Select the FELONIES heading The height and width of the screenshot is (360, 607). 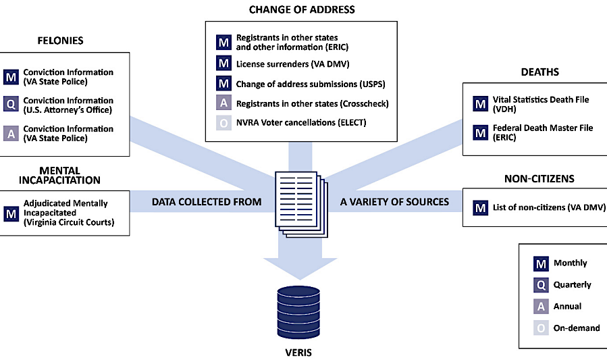[60, 41]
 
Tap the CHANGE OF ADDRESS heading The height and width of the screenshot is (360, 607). [302, 9]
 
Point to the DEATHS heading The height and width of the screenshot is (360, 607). [539, 72]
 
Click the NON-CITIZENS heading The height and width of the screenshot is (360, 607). [538, 179]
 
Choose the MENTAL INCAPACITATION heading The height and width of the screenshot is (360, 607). [59, 176]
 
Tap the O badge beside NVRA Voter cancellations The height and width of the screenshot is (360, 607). [223, 122]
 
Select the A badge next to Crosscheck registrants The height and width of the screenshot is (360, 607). [223, 103]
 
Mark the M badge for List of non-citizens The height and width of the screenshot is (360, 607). [480, 208]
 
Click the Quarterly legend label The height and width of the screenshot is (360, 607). [572, 285]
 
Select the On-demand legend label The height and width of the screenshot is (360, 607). [577, 328]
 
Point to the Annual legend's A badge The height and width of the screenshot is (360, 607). [540, 307]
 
